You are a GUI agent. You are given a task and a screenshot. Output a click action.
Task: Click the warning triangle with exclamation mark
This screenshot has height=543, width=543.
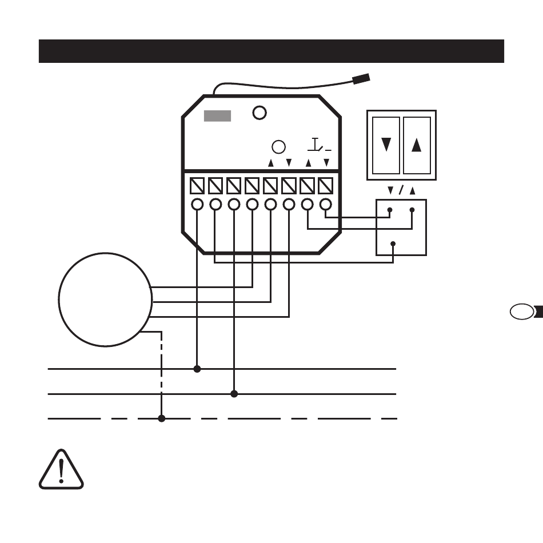pos(61,470)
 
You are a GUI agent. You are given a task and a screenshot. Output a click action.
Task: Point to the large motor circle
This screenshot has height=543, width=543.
pos(105,300)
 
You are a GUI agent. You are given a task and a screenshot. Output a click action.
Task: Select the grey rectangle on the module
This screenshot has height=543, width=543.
pos(218,115)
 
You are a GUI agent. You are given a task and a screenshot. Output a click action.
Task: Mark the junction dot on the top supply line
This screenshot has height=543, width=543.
pos(197,369)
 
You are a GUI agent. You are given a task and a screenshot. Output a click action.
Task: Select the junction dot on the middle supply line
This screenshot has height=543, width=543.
pos(234,394)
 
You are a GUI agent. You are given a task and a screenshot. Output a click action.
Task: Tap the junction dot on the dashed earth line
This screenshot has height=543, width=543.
pos(162,419)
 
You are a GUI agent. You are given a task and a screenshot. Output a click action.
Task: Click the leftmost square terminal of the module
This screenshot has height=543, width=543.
pos(197,186)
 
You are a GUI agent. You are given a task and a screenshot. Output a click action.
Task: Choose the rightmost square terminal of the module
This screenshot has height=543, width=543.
pos(325,186)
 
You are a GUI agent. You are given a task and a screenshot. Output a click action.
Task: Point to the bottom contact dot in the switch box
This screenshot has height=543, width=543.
pos(393,244)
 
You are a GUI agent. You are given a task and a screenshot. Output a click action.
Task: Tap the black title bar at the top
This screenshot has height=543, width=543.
pos(271,51)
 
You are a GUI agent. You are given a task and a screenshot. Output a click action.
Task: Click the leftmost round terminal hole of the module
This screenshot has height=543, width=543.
pos(197,204)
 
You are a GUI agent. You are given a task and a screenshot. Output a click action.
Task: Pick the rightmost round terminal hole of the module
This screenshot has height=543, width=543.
pos(325,204)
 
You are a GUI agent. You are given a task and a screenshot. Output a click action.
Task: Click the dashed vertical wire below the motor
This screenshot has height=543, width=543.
pos(162,372)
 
